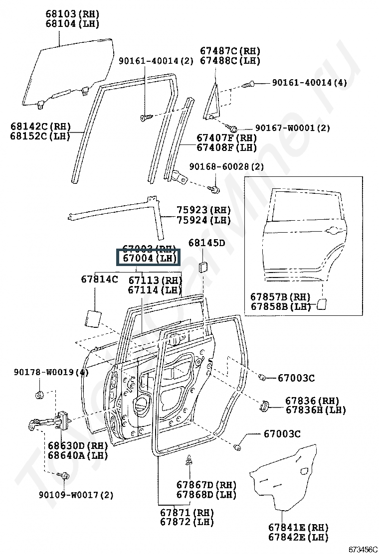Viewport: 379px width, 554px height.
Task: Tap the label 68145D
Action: [206, 243]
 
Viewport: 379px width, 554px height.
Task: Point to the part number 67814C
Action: [99, 279]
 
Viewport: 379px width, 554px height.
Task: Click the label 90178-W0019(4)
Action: [51, 372]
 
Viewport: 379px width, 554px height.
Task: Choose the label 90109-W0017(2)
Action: [76, 495]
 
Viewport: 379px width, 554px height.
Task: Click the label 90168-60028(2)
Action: [233, 166]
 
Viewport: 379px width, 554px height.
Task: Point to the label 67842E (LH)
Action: [298, 537]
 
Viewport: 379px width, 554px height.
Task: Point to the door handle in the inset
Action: [334, 230]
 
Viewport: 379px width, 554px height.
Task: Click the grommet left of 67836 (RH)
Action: [264, 406]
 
